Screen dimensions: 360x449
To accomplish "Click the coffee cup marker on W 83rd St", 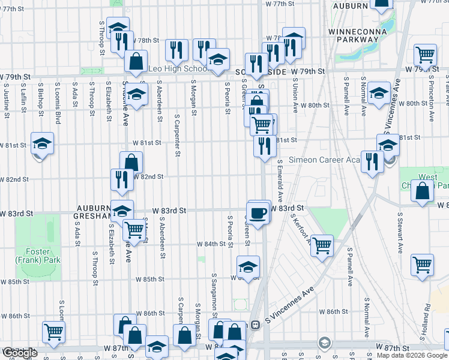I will (x=258, y=214).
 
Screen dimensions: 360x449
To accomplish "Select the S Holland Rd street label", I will (x=427, y=315).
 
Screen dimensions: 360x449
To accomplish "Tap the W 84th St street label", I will (x=217, y=244).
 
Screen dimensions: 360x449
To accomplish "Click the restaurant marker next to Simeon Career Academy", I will (x=372, y=161).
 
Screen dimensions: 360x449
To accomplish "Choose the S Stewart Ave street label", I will (x=399, y=232).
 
